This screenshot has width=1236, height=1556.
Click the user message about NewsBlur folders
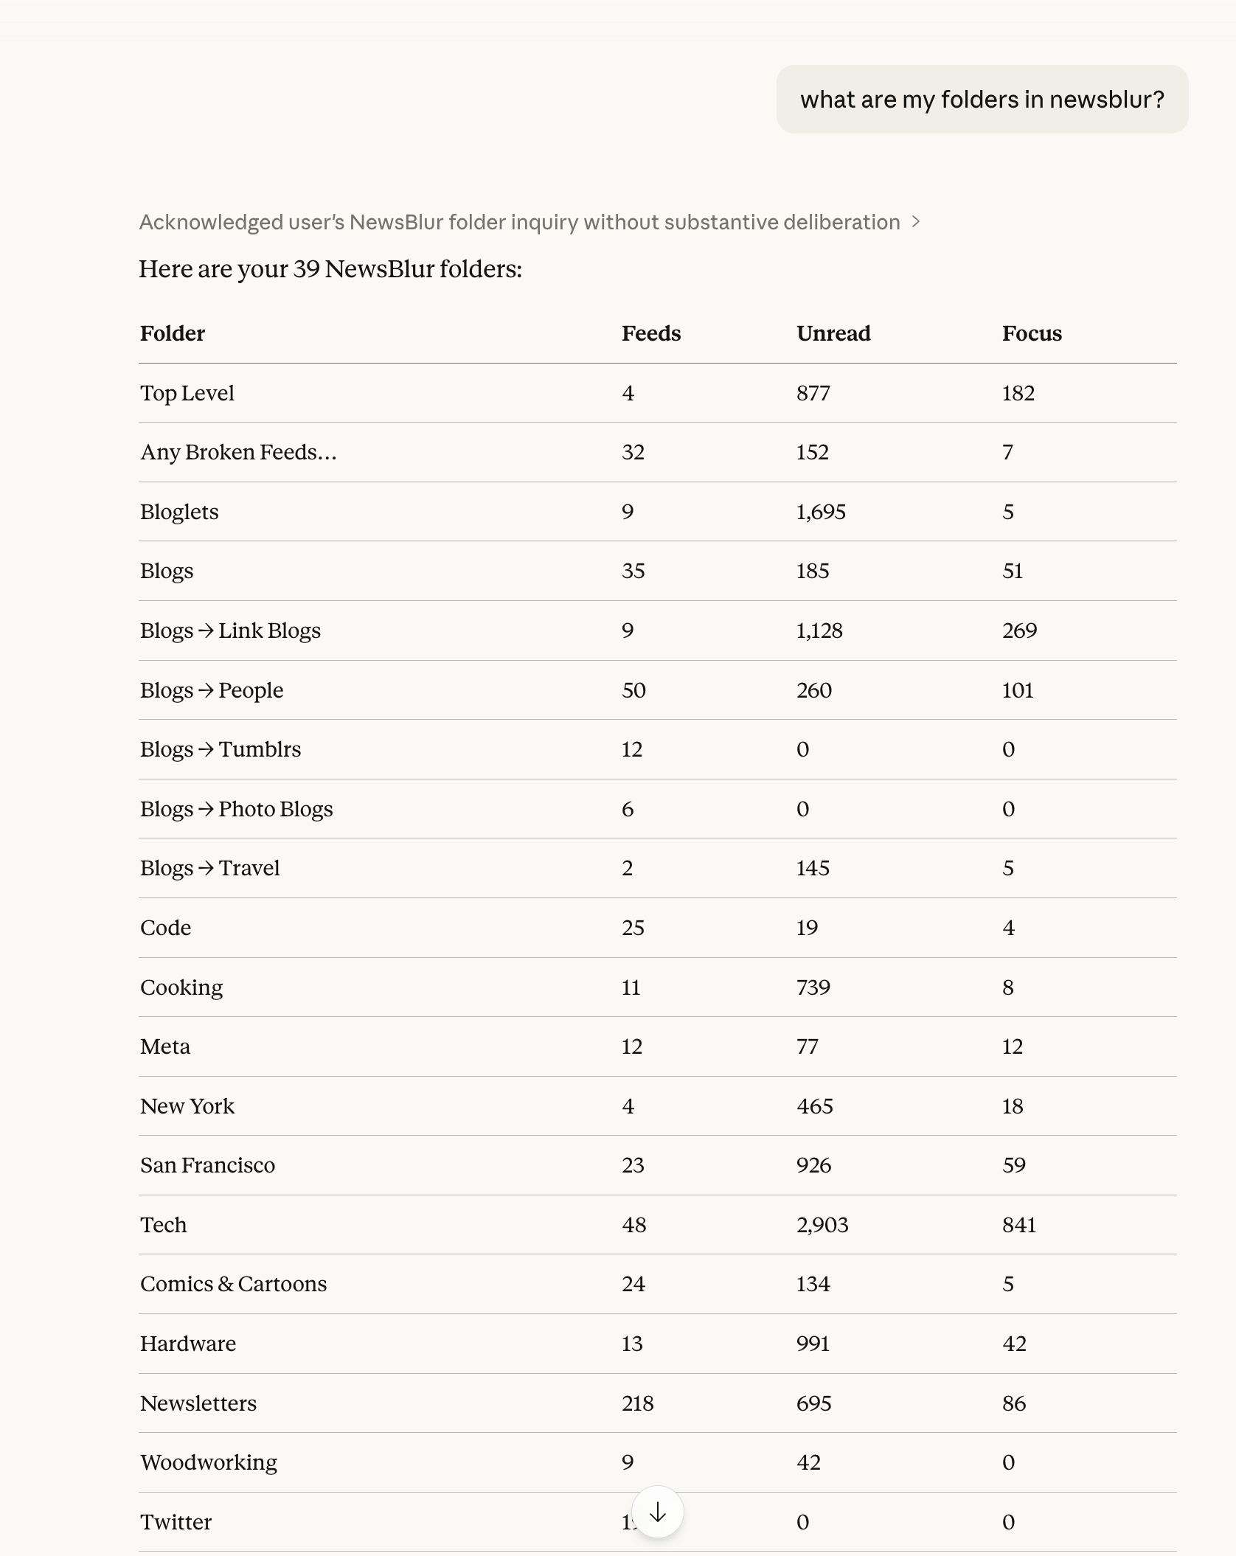pos(982,100)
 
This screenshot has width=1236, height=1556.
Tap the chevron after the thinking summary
pos(916,222)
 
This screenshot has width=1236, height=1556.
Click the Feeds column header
pos(650,333)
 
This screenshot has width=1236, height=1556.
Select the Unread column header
pos(833,333)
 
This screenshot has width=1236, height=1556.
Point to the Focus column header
pos(1032,333)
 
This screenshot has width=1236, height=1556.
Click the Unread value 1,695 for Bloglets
pos(821,512)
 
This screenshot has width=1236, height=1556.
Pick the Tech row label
pos(164,1225)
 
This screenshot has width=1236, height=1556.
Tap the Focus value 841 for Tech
pos(1019,1225)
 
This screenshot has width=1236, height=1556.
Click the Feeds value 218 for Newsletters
pos(637,1403)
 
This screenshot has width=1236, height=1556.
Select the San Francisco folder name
pos(207,1165)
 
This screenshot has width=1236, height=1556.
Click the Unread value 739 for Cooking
pos(813,987)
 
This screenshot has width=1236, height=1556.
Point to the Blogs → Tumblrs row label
pos(221,749)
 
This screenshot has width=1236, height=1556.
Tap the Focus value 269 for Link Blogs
pos(1019,631)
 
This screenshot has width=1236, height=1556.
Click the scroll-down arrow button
pos(657,1512)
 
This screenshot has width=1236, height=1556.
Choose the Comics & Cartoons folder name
pos(233,1284)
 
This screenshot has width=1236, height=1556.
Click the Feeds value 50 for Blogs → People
pos(633,690)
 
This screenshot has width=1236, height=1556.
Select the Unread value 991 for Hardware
pos(813,1344)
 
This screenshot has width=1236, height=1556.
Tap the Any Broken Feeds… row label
pos(238,452)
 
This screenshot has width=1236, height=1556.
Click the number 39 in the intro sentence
pos(306,269)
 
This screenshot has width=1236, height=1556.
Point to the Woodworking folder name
pos(209,1462)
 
